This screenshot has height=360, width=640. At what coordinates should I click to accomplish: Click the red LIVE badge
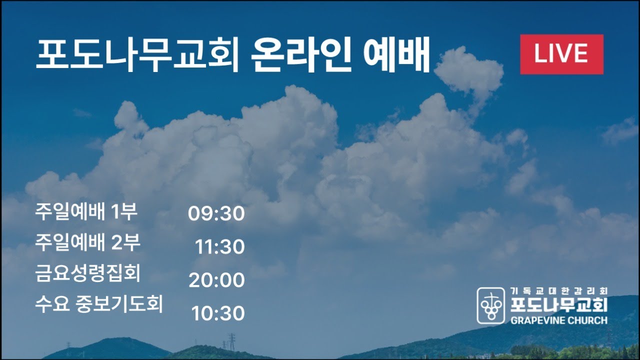[561, 54]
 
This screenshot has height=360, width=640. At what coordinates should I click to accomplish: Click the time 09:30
[216, 214]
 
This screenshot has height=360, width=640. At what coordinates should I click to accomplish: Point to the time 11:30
[220, 247]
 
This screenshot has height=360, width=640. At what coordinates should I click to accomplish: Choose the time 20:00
[216, 280]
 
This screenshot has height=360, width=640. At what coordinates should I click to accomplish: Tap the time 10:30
[218, 314]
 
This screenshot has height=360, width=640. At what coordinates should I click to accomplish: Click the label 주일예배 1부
[86, 212]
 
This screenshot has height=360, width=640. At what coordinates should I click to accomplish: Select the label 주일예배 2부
[87, 243]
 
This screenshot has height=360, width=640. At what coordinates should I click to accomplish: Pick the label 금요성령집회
[87, 273]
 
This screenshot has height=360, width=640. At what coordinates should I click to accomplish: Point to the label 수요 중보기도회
[99, 304]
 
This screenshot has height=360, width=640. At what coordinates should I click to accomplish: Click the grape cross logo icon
[490, 305]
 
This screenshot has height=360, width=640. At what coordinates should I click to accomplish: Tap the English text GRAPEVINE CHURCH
[558, 320]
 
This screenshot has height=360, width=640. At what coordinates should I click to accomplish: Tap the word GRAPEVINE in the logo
[534, 320]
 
